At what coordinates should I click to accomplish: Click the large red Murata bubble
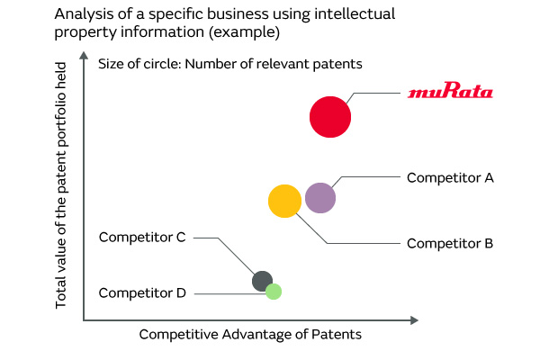330,117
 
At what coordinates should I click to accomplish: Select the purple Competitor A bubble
320,197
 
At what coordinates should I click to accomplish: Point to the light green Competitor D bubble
274,292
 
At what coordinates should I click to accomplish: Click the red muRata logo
450,93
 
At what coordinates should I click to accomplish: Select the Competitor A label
450,177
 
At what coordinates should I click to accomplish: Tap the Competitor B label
450,243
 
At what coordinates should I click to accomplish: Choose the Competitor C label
142,238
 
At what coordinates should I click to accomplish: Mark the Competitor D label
142,292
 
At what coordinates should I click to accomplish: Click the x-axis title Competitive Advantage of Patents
250,335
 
